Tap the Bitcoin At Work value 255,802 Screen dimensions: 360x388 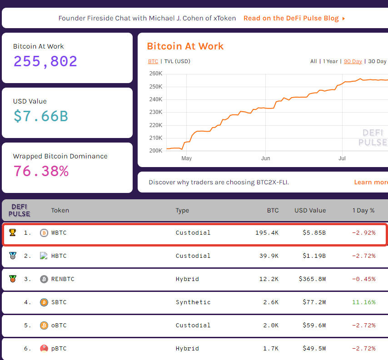[45, 61]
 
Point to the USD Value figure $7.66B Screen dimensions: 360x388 [40, 116]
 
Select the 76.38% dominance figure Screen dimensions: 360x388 [40, 171]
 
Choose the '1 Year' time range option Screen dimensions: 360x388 [330, 61]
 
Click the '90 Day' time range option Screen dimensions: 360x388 [353, 61]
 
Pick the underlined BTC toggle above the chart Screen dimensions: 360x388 [153, 61]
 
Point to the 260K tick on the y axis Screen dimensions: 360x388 [156, 74]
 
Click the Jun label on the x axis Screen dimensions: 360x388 [266, 158]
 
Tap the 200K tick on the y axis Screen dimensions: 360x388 [156, 151]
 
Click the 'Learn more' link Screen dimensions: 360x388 [371, 182]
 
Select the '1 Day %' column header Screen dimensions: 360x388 [363, 210]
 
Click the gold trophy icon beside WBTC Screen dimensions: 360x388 [12, 232]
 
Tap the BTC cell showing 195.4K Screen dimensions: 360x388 [267, 232]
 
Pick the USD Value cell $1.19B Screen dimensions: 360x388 [314, 256]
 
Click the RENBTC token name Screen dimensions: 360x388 [62, 279]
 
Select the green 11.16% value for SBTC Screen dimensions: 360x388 [363, 302]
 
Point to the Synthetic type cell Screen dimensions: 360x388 [193, 302]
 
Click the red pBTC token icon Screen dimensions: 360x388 [44, 348]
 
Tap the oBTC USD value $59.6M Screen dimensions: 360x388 [314, 325]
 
